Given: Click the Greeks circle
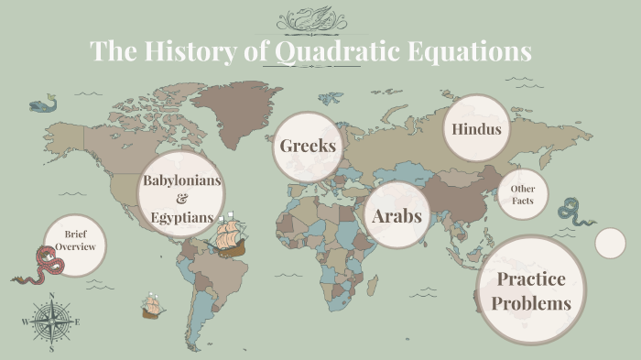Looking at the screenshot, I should (x=308, y=146).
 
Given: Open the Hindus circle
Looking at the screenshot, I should (x=476, y=129).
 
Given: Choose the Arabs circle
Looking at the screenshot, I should (x=397, y=215).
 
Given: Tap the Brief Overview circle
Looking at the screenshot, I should (x=75, y=241).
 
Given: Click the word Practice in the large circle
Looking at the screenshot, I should (x=530, y=278).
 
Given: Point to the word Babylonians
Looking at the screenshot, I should (x=181, y=180).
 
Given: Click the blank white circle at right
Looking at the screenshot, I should (x=610, y=243).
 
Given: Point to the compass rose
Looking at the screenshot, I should (x=51, y=322).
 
